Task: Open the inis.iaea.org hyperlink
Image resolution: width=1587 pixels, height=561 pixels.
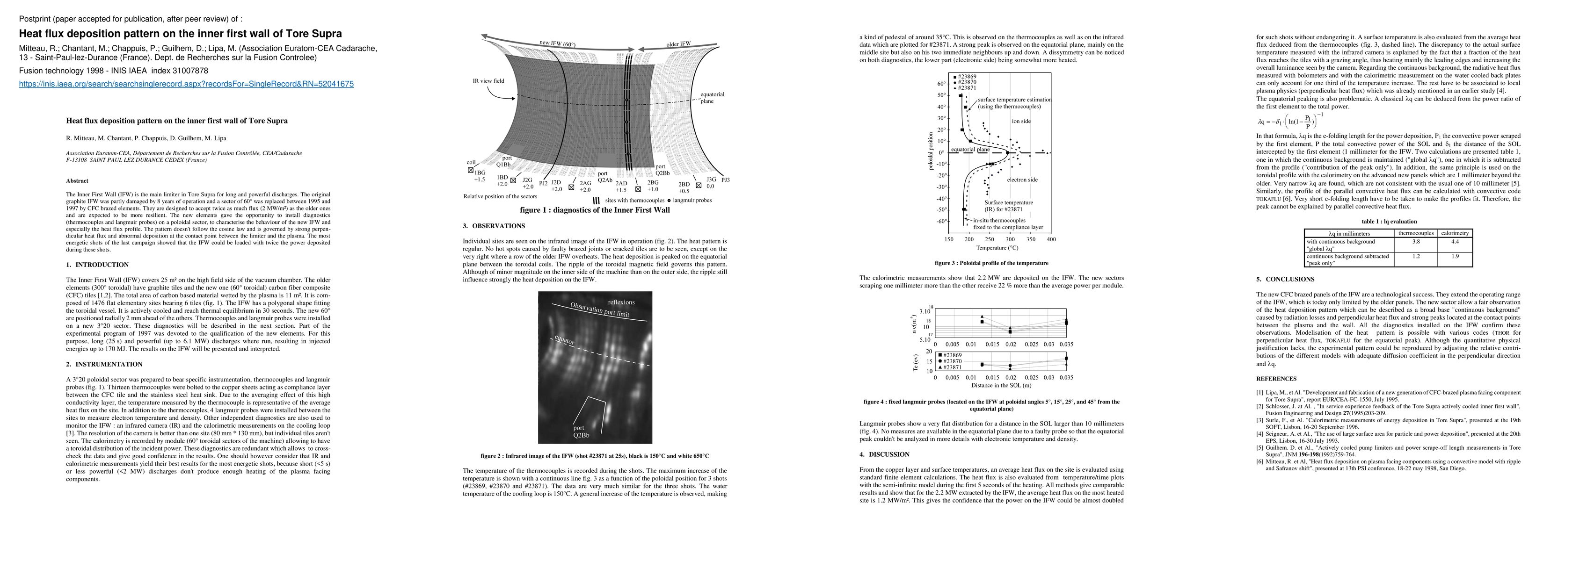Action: tap(186, 84)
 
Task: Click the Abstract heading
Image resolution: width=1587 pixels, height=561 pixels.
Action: tap(77, 181)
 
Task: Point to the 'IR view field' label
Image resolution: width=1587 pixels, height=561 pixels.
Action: tap(488, 81)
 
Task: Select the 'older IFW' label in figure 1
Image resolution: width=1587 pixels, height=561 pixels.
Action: tap(678, 44)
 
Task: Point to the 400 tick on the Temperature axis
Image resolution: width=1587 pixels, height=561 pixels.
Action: tap(1051, 239)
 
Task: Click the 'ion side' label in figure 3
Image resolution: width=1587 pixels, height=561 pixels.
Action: tap(1021, 121)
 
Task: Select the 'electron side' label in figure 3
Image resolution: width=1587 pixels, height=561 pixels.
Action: tap(1022, 180)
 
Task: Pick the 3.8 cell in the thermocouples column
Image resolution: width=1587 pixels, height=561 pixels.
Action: tap(1416, 242)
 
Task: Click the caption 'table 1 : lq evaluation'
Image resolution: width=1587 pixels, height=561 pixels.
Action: tap(1389, 222)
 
